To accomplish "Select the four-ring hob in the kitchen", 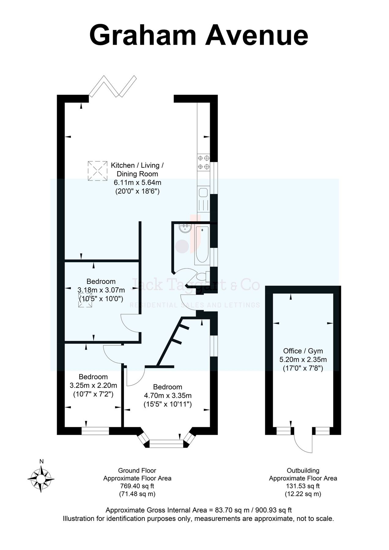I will [x=204, y=162].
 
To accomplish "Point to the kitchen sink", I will [x=203, y=193].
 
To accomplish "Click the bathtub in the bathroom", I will [x=202, y=245].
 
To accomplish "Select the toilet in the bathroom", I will [x=202, y=277].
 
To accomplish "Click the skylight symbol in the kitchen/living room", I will [x=98, y=171].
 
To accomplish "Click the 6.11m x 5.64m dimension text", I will [x=137, y=183].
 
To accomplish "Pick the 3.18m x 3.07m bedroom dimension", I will [x=101, y=290].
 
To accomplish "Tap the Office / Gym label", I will [x=303, y=351].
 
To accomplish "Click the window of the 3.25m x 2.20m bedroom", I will [x=95, y=431].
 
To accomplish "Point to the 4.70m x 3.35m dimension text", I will [x=168, y=396].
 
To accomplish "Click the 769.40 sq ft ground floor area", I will [x=137, y=486].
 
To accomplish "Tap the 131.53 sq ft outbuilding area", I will [x=303, y=486].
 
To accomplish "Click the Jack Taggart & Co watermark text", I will [x=195, y=285].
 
